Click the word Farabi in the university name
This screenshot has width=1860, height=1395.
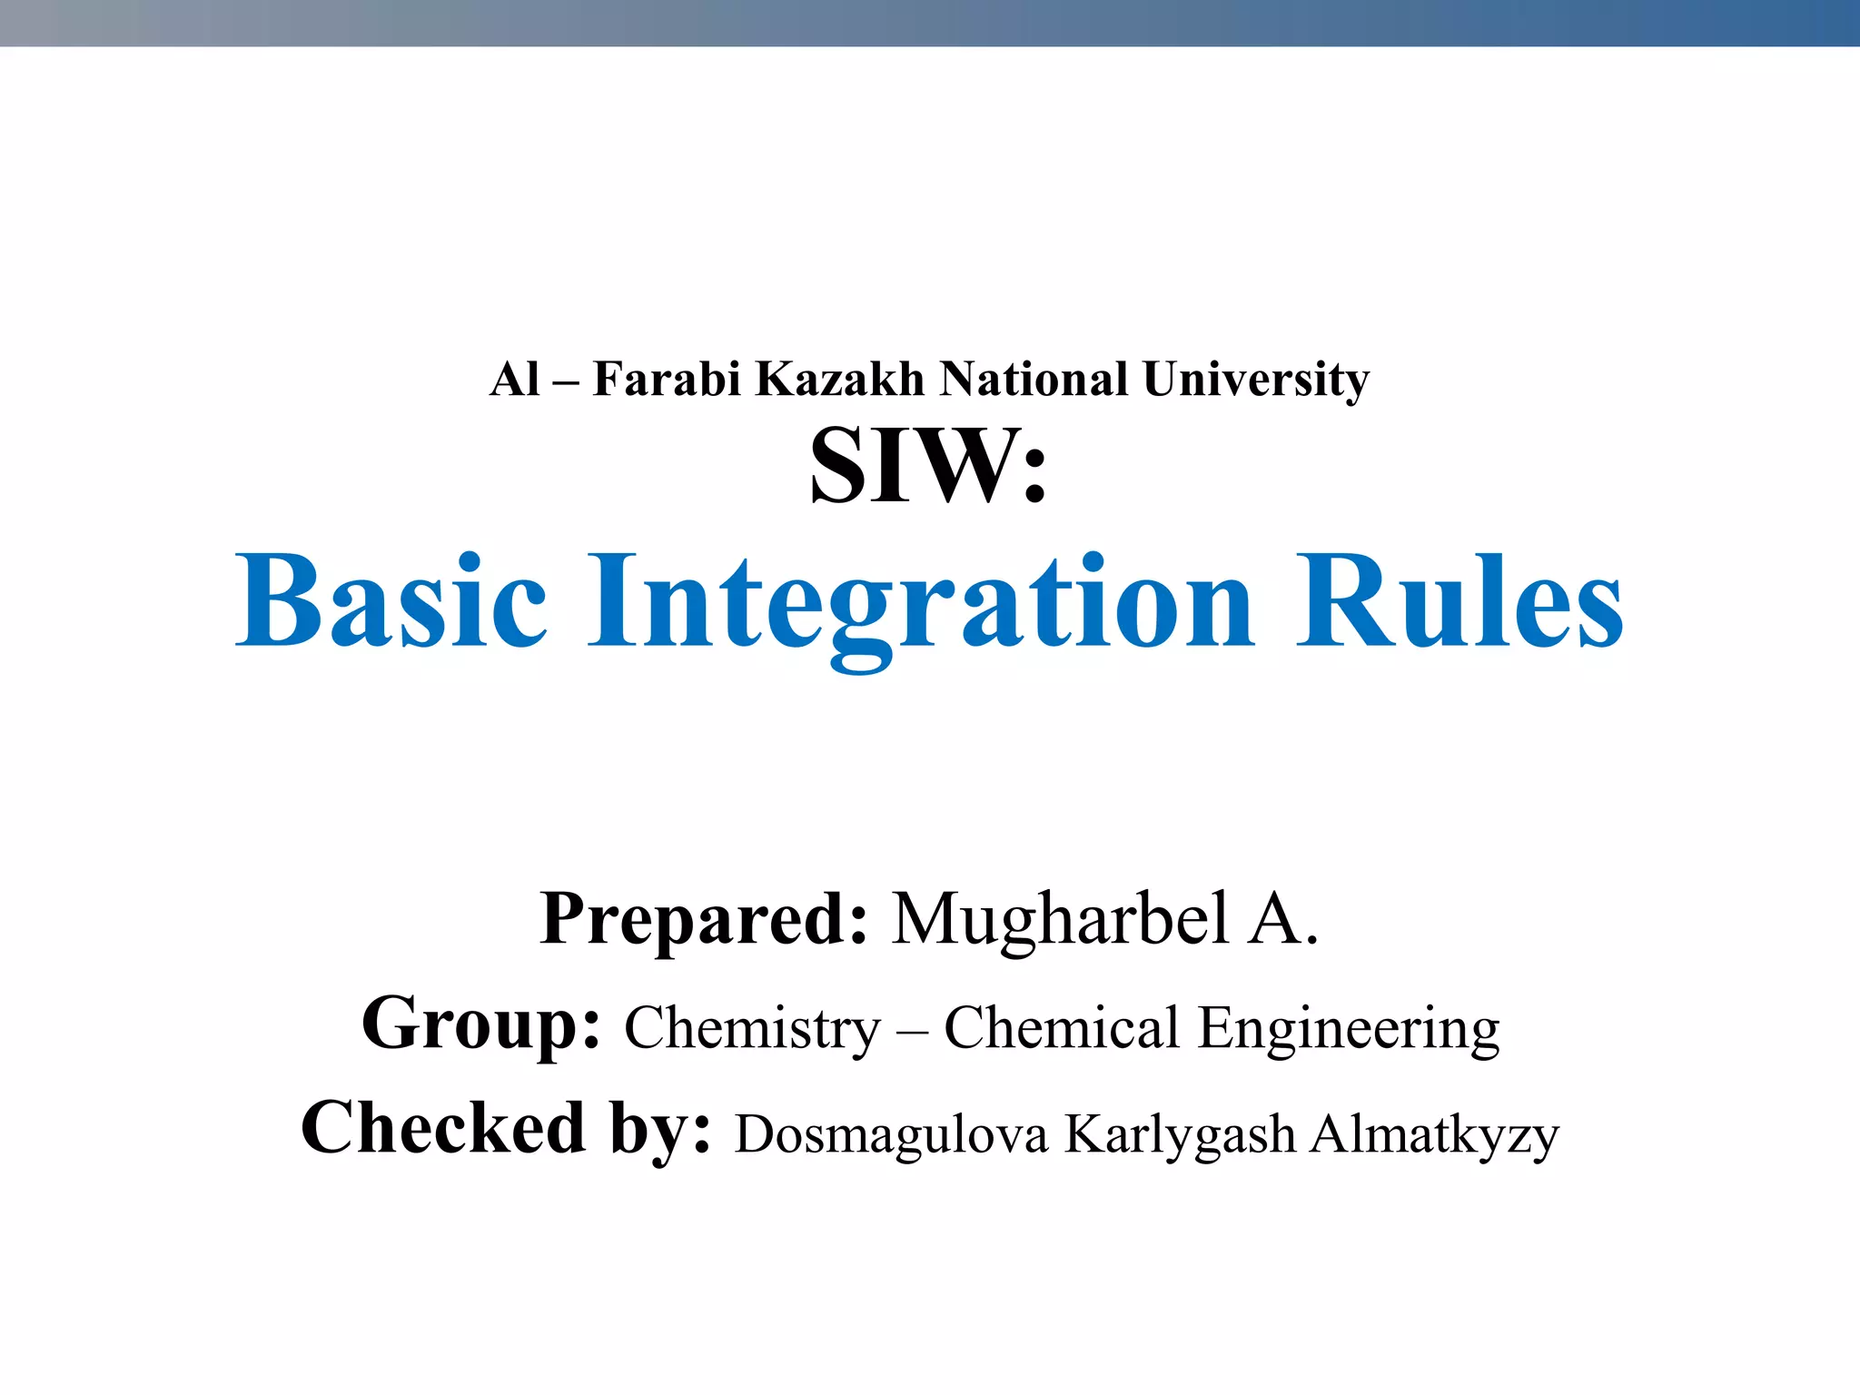click(x=668, y=379)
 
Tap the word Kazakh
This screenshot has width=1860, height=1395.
click(x=840, y=379)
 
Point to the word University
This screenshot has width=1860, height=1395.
click(x=1256, y=381)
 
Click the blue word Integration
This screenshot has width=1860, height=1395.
click(x=921, y=603)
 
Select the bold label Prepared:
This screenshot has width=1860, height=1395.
click(x=704, y=920)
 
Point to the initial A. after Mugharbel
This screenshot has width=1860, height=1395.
click(x=1283, y=920)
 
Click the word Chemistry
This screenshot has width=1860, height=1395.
click(x=752, y=1029)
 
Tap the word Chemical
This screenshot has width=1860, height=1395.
click(x=1062, y=1027)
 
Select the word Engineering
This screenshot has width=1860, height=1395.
click(x=1349, y=1029)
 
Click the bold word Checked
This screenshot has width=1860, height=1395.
click(x=443, y=1128)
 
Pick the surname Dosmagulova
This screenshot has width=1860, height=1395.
click(x=891, y=1135)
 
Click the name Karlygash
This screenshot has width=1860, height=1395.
click(x=1180, y=1135)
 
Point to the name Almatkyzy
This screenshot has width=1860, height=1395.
click(x=1434, y=1135)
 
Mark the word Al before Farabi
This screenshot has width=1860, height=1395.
click(x=514, y=379)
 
